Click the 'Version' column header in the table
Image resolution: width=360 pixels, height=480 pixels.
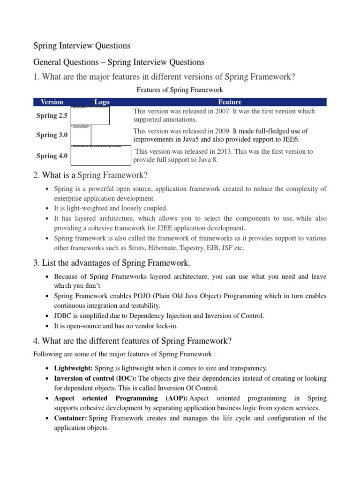(52, 102)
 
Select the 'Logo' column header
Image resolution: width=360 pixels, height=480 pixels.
(102, 102)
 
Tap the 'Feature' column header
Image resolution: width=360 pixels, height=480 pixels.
(230, 102)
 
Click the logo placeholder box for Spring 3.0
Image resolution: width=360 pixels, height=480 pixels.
(81, 135)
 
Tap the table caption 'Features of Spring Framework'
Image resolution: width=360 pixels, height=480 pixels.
(180, 90)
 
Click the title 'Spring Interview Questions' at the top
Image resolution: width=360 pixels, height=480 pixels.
(82, 46)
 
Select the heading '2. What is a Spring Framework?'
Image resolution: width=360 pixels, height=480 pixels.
(90, 175)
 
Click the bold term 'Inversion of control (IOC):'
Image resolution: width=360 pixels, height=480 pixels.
(96, 378)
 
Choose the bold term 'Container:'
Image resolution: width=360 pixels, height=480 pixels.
(70, 418)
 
